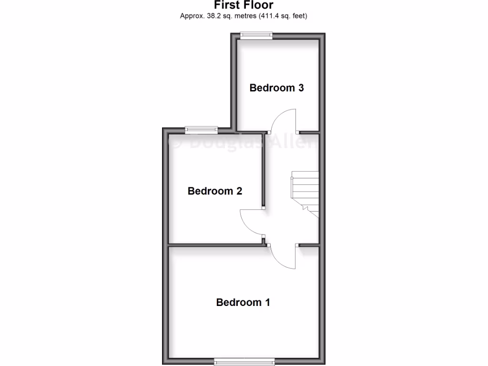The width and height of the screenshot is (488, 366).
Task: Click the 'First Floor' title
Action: (x=244, y=5)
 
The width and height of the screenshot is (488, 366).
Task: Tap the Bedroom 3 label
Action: (x=277, y=88)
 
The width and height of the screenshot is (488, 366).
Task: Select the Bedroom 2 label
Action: (x=215, y=191)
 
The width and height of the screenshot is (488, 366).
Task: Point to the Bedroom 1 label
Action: (x=243, y=302)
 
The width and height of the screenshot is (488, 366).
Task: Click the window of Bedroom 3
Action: (x=256, y=35)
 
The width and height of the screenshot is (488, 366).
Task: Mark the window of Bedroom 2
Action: (x=201, y=129)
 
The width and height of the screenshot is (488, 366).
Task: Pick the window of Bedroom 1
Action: (x=244, y=360)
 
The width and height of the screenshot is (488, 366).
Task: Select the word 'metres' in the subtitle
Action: (x=243, y=16)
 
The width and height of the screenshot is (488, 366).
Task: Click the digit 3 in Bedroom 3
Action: (x=301, y=88)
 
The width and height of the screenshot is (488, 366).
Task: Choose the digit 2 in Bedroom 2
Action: (x=239, y=191)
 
